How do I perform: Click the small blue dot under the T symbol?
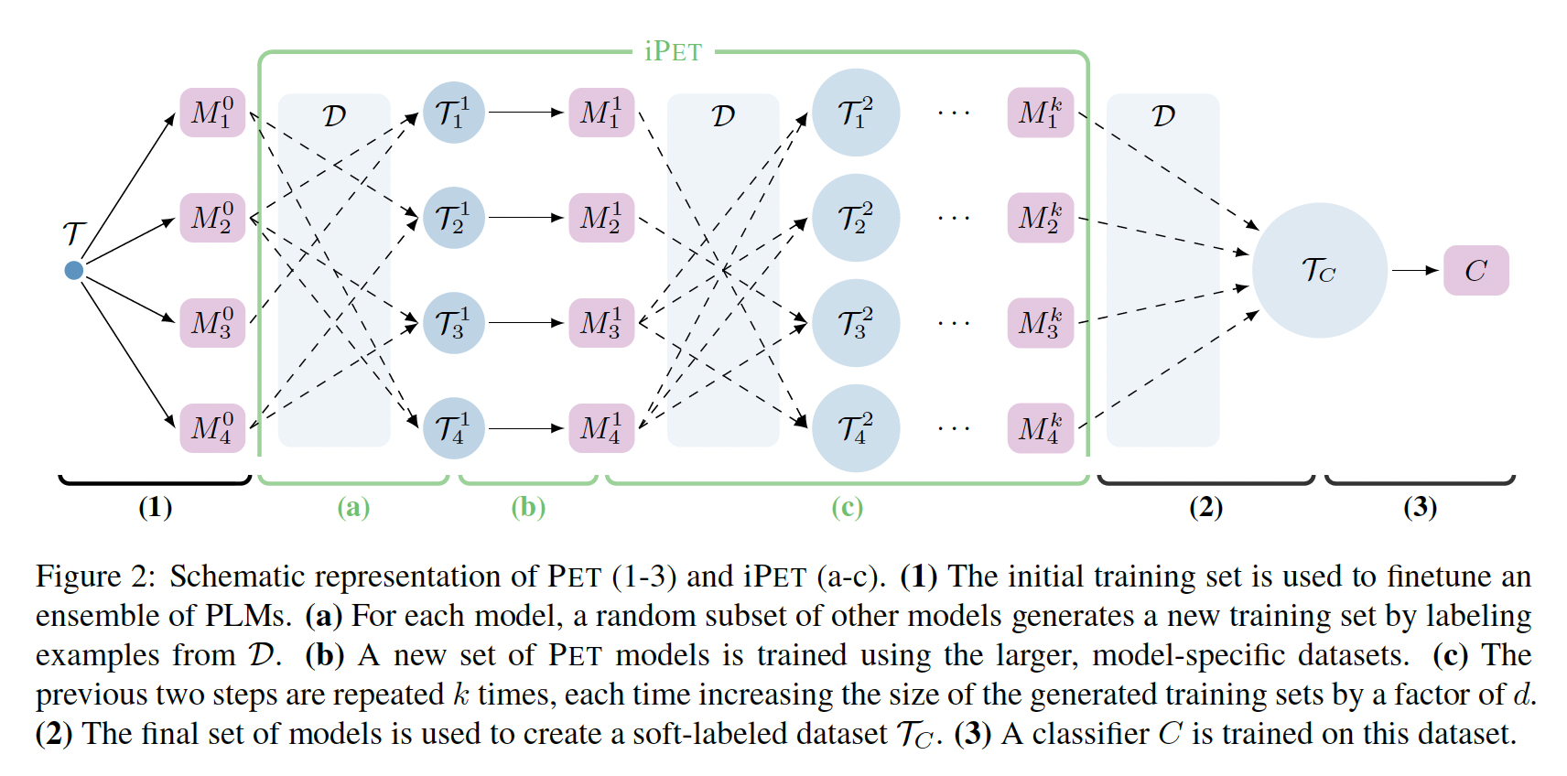pos(74,270)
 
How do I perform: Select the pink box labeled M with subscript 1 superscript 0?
pos(212,113)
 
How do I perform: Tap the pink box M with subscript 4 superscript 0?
pos(212,428)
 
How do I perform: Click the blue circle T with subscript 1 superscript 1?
pos(453,113)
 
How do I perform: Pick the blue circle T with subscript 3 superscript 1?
pos(453,323)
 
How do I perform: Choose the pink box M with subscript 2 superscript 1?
pos(601,218)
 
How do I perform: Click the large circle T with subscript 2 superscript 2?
pos(856,218)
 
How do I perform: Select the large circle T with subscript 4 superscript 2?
pos(856,428)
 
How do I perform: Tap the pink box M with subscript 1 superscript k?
pos(1040,113)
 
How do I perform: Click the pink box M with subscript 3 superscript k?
pos(1040,323)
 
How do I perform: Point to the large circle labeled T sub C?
pos(1319,270)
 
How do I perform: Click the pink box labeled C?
pos(1475,270)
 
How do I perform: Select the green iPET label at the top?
pos(673,51)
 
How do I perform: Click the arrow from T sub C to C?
pos(1415,270)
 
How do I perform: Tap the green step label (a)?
pos(353,507)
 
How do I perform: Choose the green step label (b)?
pos(528,507)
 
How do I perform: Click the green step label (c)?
pos(847,507)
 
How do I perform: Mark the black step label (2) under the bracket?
pos(1205,507)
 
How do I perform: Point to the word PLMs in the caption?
pos(247,616)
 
